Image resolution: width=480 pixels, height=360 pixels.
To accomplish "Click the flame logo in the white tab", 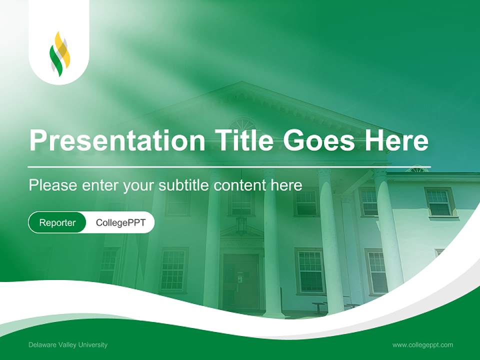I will [59, 54].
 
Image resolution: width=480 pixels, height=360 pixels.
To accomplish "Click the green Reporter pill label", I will [57, 222].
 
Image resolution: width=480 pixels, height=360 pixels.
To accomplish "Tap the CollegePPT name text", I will [120, 222].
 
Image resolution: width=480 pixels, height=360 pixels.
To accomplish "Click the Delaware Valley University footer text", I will [68, 345].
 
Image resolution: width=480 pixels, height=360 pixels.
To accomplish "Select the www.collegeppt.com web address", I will [422, 345].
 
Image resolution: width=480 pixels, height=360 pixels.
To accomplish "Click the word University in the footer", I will [93, 345].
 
